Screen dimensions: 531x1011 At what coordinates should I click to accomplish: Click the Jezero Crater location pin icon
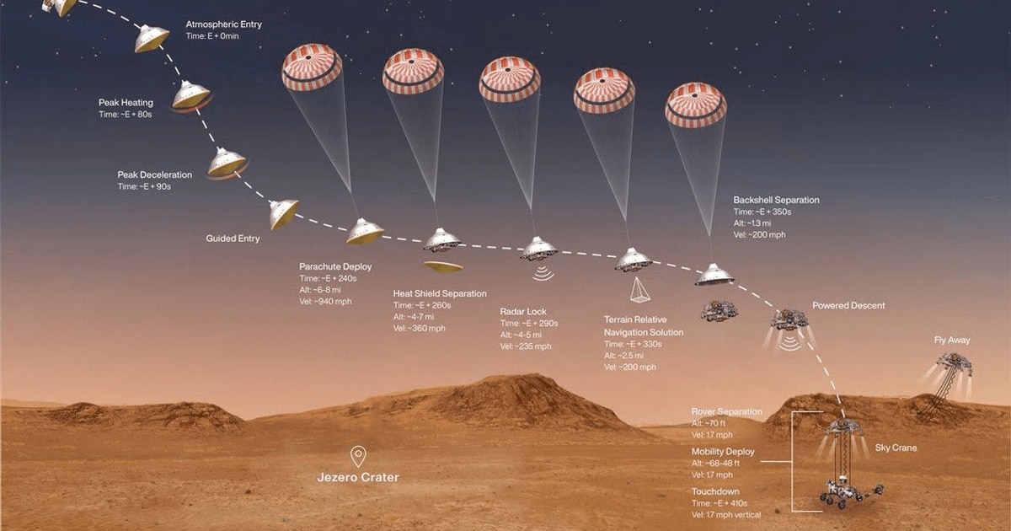(358, 456)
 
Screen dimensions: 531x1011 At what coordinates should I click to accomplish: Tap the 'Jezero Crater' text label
(358, 478)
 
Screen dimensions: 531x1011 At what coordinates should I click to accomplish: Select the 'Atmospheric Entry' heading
(223, 24)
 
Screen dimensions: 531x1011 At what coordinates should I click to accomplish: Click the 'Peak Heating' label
(126, 103)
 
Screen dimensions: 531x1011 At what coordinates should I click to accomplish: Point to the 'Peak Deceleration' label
(154, 174)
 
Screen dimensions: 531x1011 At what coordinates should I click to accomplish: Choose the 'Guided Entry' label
(233, 239)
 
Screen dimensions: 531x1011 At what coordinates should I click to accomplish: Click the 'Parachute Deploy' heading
(335, 266)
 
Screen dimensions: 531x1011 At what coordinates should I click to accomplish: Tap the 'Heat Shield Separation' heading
(439, 293)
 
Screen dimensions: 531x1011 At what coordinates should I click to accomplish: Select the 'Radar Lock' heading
(523, 311)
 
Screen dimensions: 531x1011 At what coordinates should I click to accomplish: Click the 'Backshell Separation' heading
(776, 200)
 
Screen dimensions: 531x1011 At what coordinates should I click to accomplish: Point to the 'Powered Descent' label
(848, 306)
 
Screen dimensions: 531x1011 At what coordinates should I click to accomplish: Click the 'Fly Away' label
(952, 341)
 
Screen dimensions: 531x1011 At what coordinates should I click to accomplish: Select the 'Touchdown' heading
(715, 490)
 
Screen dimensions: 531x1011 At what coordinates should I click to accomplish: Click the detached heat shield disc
(444, 267)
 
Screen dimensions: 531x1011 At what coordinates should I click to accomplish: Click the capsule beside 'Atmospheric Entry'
(152, 38)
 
